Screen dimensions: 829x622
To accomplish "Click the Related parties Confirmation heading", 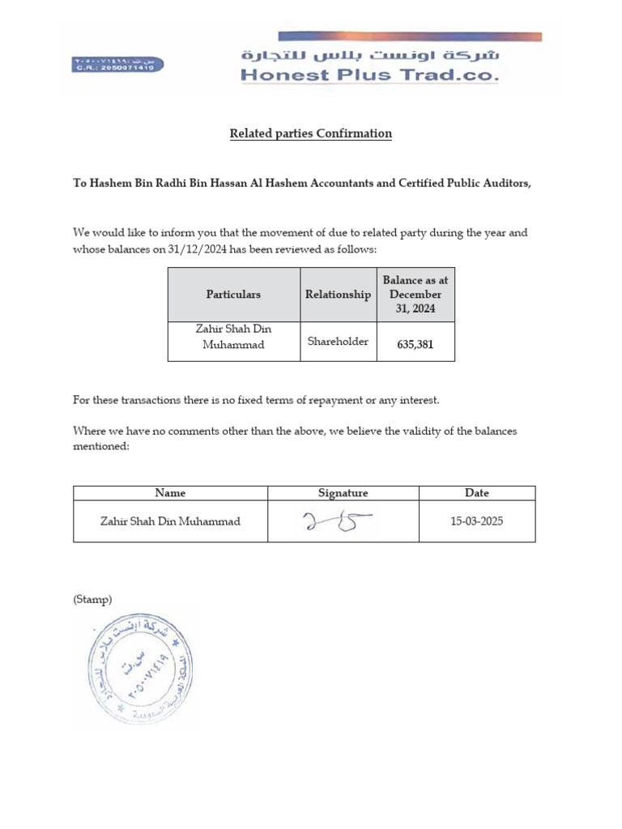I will coord(310,134).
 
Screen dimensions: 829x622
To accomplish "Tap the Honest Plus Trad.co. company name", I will coord(369,76).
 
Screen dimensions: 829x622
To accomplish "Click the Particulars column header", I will coord(233,295).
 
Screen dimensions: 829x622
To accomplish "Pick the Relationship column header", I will coord(338,295).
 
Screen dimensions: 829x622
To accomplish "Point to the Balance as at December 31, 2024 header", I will coord(415,295).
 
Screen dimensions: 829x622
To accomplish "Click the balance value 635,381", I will coord(415,344).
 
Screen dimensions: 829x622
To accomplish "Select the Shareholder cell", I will coord(338,342).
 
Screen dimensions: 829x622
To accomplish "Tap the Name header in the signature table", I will coord(170,493).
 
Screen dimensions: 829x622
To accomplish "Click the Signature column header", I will coord(343,493).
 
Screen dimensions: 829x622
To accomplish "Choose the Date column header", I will coord(477,493).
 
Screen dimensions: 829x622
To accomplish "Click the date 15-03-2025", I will coord(477,521).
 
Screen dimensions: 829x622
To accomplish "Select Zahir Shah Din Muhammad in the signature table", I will coord(170,521).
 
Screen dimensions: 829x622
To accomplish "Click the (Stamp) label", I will coord(92,600).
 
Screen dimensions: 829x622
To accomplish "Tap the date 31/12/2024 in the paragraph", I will coord(198,249).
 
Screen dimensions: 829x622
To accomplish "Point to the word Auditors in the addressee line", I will coord(505,184).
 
